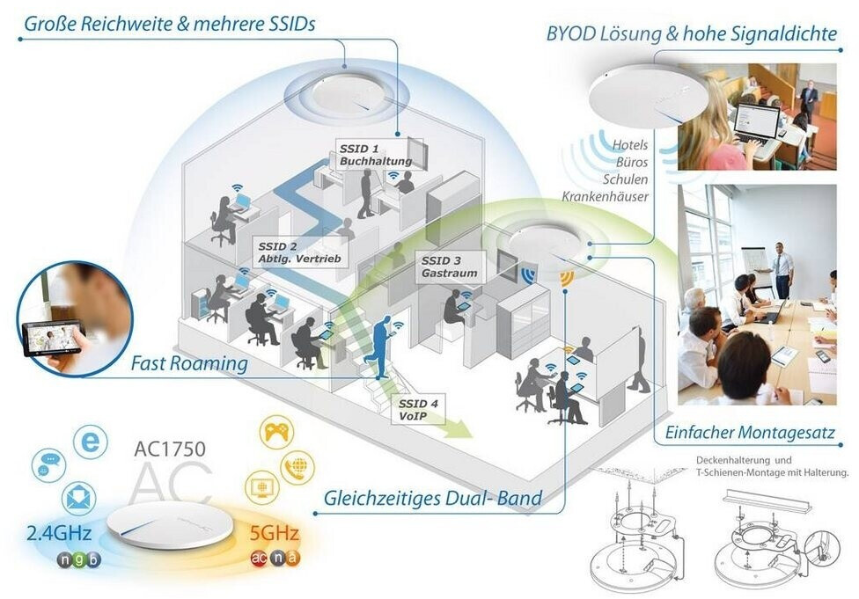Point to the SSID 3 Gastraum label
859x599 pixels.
[x=448, y=267]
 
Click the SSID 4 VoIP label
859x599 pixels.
[x=415, y=409]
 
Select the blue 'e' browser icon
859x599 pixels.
[x=89, y=442]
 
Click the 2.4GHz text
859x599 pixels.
[x=55, y=534]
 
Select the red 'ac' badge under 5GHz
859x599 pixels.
[x=259, y=558]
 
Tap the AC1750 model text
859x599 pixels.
[x=169, y=449]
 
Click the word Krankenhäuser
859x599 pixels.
[x=606, y=195]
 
